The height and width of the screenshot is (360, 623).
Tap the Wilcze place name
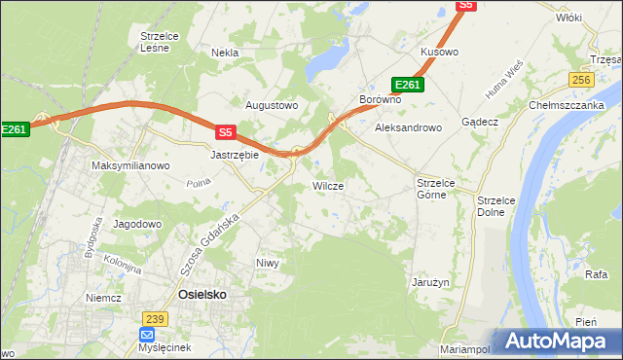click(x=327, y=185)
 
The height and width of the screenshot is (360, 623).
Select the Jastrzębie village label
click(x=235, y=154)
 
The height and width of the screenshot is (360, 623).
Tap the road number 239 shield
click(x=154, y=318)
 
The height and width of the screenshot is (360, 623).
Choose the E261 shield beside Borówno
click(x=407, y=85)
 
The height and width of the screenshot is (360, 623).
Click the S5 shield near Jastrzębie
click(x=226, y=131)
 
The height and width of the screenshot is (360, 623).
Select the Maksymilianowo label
click(x=130, y=165)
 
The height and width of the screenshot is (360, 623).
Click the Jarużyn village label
click(x=429, y=282)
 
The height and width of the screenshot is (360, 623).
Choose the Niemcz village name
click(x=102, y=299)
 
